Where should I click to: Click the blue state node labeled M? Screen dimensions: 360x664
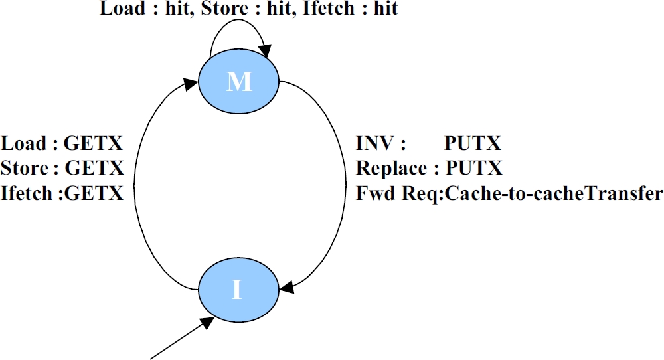point(240,82)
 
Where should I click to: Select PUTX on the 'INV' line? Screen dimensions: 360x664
point(473,144)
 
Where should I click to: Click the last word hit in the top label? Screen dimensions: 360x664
point(385,9)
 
